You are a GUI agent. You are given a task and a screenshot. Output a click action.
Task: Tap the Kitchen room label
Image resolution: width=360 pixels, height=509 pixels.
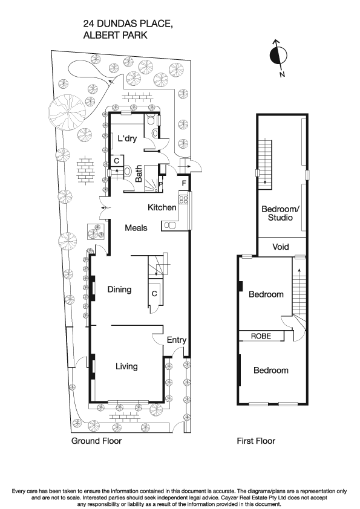(x=162, y=207)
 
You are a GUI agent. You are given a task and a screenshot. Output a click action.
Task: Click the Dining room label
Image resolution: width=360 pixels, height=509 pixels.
(x=119, y=290)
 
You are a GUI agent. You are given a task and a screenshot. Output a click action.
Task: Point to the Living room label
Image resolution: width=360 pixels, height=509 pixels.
(x=126, y=366)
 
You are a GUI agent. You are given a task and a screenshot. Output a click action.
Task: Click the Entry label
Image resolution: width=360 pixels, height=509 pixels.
(x=177, y=340)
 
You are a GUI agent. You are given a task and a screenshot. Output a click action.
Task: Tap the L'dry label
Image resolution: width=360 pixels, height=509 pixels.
(x=128, y=138)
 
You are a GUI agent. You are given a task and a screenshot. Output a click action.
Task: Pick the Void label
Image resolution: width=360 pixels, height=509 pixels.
(x=281, y=247)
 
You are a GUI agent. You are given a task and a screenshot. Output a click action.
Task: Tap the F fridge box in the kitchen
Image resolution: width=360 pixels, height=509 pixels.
(x=184, y=182)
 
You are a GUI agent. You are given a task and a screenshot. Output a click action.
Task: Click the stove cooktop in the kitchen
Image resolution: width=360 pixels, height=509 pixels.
(x=183, y=199)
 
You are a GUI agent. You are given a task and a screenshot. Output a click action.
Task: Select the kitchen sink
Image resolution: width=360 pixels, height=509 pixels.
(x=170, y=225)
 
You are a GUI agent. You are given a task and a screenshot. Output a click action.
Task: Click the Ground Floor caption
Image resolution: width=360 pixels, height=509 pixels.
(x=96, y=441)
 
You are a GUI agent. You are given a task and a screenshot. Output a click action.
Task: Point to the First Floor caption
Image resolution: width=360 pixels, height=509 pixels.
(x=256, y=441)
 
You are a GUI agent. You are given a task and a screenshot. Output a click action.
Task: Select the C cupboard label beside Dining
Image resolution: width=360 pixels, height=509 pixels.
(x=154, y=293)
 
